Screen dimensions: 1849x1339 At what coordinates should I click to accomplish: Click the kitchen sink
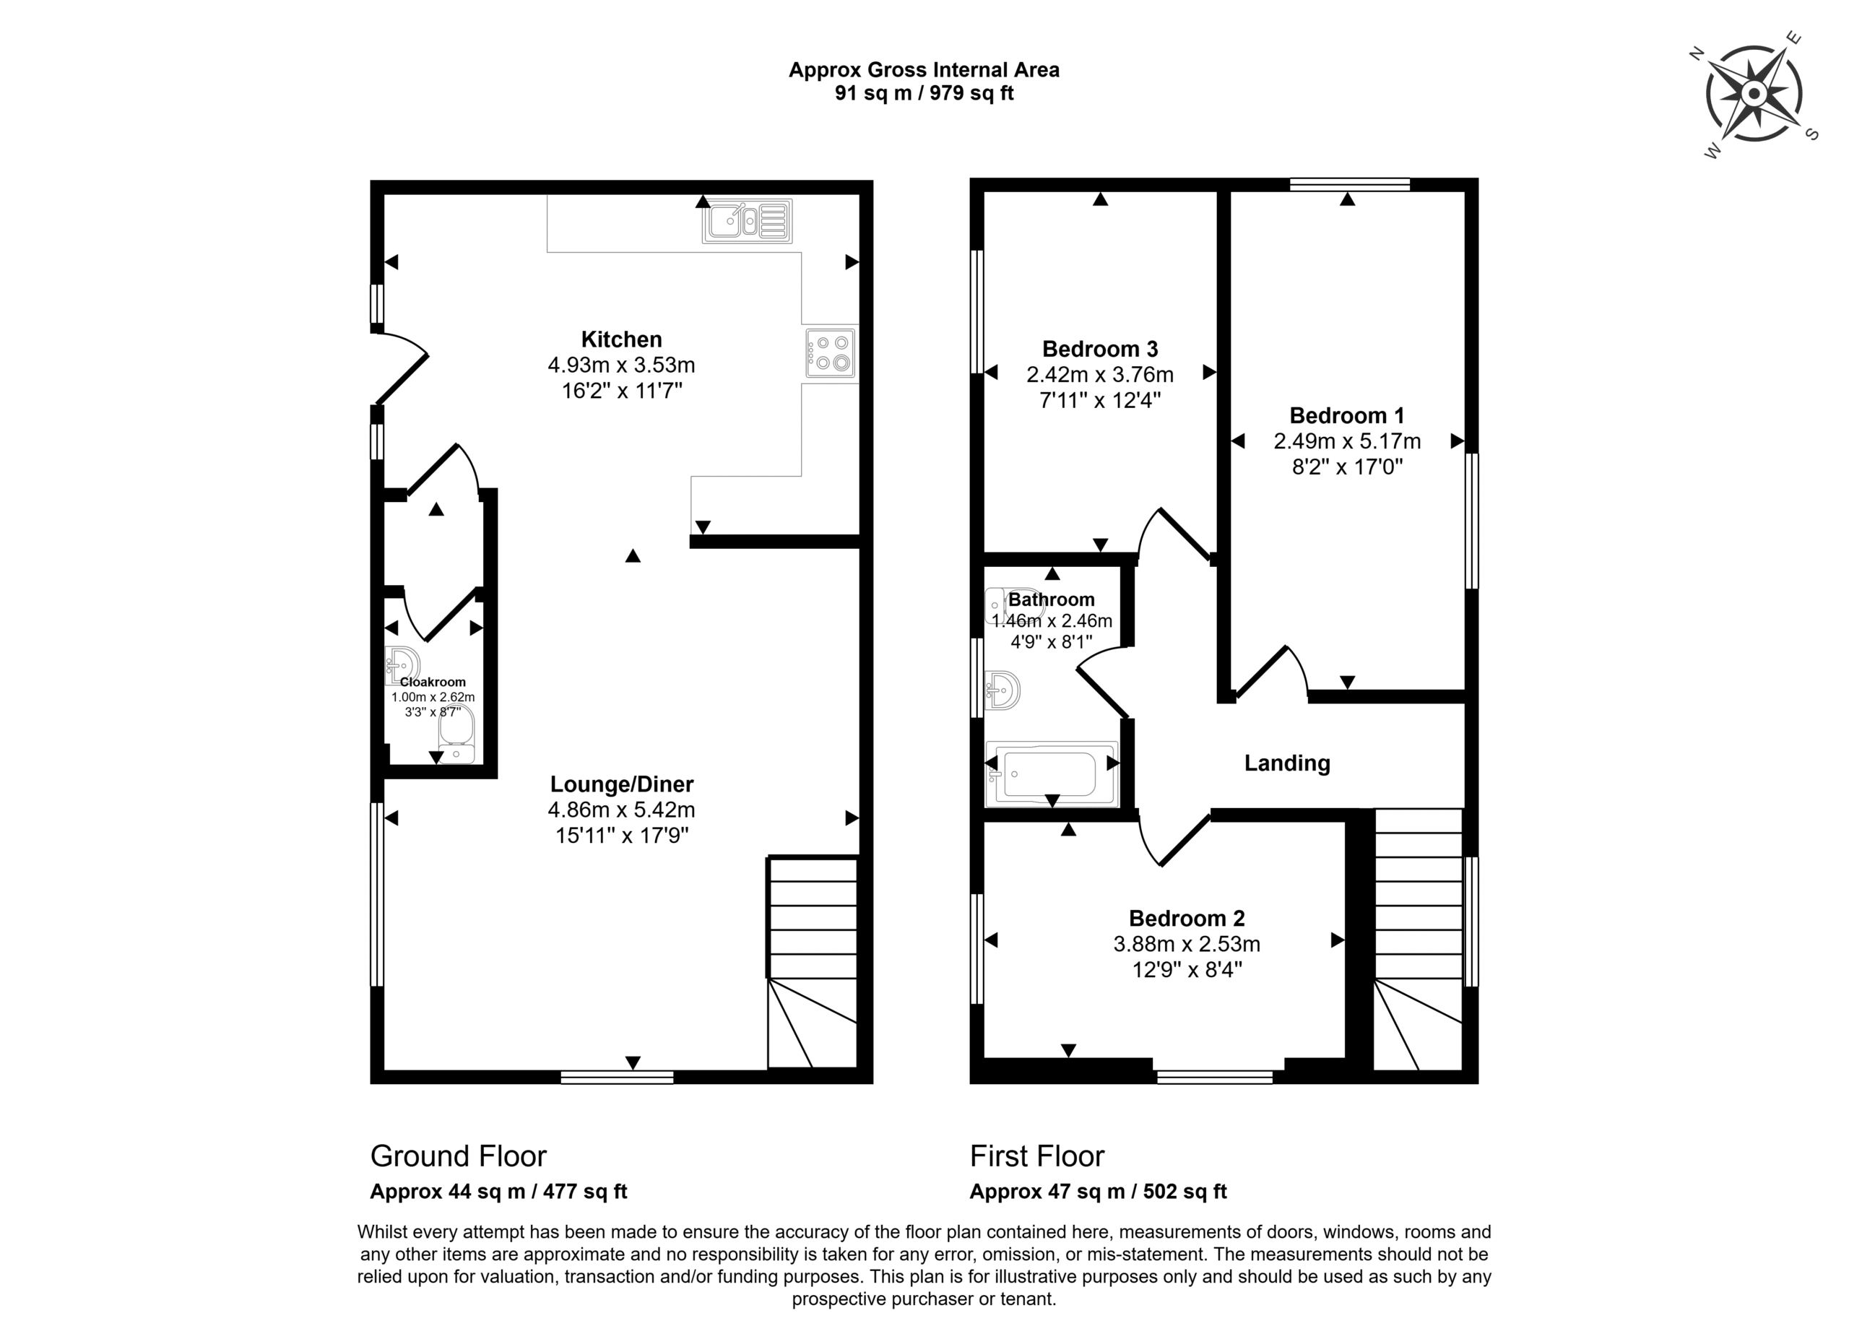[747, 221]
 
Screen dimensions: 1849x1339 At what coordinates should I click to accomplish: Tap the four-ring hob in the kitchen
[830, 353]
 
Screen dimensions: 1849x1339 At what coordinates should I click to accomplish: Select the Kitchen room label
[621, 339]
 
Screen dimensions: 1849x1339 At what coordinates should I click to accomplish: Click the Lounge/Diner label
[621, 784]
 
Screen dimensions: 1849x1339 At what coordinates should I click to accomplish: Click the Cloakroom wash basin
[403, 665]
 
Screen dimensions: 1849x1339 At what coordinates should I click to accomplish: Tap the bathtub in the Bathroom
[1052, 773]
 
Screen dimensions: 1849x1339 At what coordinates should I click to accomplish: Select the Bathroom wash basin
[1002, 690]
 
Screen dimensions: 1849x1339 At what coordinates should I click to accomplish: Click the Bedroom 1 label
[1347, 415]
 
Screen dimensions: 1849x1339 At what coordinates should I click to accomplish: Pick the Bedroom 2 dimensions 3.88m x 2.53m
[1187, 945]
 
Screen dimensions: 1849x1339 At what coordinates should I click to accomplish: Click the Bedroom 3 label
[1100, 349]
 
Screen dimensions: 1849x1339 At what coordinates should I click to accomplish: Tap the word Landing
[1287, 763]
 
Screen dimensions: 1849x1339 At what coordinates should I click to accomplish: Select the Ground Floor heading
[458, 1156]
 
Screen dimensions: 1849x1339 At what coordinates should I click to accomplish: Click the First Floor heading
[1037, 1156]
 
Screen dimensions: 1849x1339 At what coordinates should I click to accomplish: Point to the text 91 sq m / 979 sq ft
[924, 93]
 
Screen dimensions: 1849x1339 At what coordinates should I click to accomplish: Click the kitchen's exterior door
[401, 368]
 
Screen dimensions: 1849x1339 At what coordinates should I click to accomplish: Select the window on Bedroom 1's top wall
[1350, 184]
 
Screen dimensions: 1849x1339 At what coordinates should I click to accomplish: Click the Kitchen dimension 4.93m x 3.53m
[621, 365]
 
